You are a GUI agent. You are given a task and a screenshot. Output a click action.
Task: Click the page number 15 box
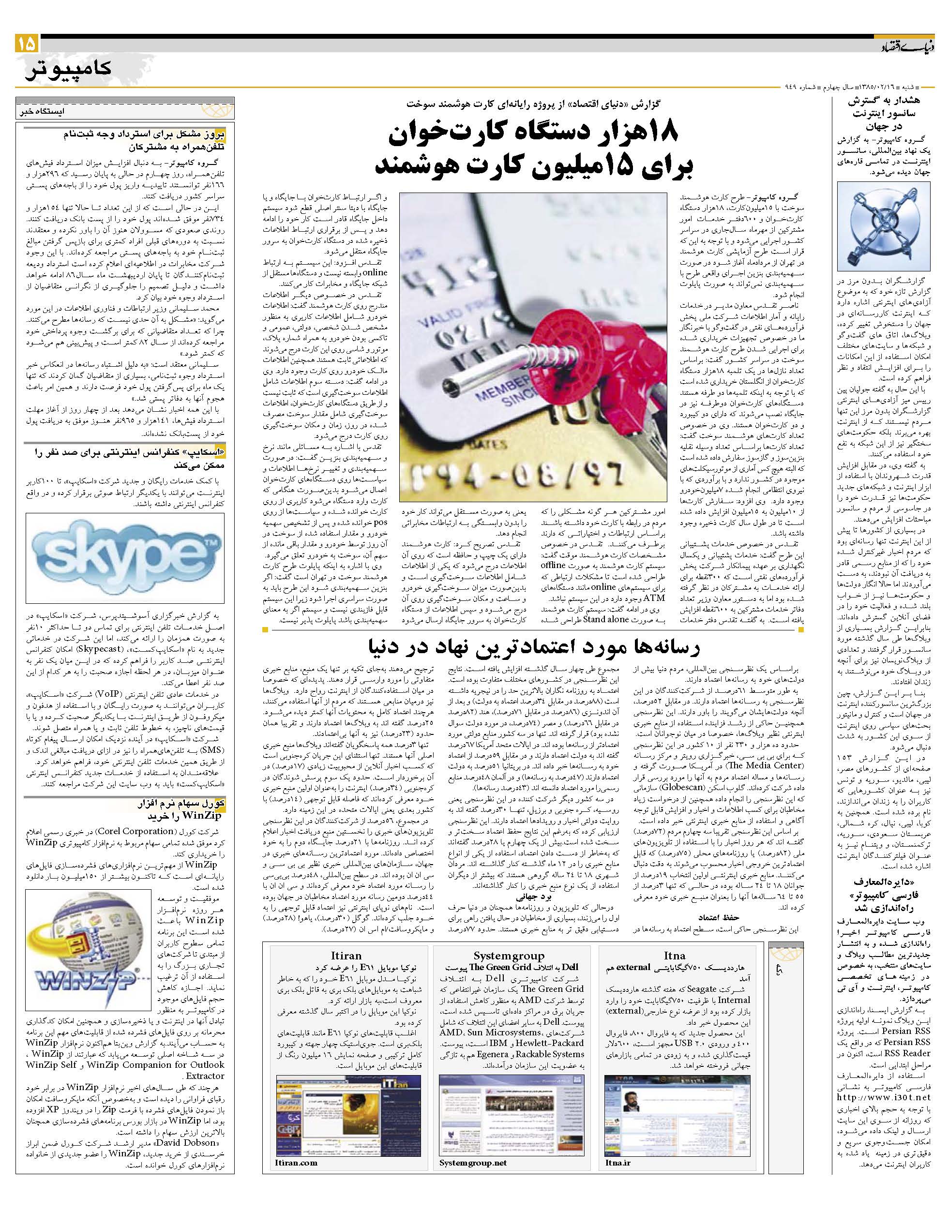click(27, 43)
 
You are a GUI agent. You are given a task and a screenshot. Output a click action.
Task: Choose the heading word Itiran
click(346, 956)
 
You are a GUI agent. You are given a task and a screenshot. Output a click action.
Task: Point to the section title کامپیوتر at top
click(68, 68)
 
